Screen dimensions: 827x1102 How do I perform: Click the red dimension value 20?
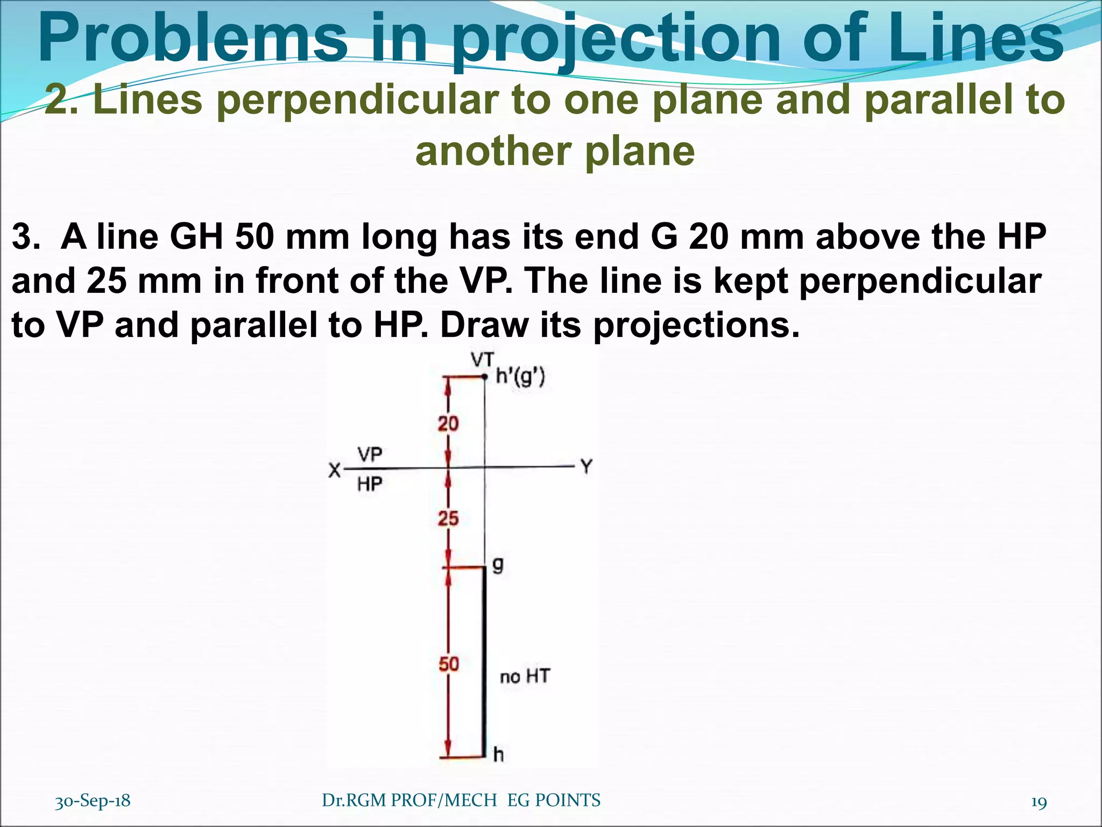point(448,424)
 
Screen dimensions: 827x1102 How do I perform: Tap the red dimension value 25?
point(448,518)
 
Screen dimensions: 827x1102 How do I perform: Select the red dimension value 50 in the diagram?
point(449,664)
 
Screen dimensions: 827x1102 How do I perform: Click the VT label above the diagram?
point(482,360)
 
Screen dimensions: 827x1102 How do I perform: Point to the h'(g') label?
point(520,377)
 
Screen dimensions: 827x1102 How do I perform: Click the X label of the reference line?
point(335,471)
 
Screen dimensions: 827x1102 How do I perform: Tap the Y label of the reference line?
point(586,466)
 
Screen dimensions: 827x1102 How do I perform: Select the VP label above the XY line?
point(370,455)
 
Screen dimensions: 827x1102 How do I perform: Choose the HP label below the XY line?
point(370,485)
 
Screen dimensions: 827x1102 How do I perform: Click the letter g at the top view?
point(498,565)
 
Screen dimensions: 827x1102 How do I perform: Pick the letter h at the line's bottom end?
point(498,755)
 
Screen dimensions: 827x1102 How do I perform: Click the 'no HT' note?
point(525,676)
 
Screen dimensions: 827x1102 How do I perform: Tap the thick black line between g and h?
point(484,662)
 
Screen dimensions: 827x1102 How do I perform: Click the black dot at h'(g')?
point(485,377)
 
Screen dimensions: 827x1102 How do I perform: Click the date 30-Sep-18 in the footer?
point(93,801)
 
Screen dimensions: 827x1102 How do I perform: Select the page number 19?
point(1039,802)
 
